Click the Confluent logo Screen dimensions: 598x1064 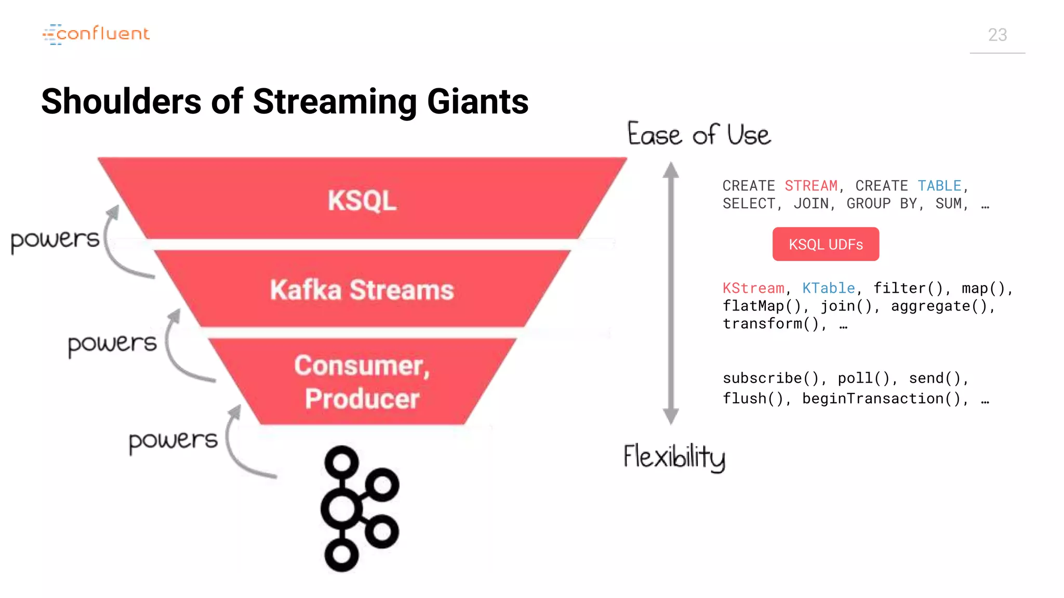coord(96,34)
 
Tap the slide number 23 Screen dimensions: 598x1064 coord(997,35)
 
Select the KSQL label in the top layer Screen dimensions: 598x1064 coord(362,200)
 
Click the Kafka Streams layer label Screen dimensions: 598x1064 coord(362,290)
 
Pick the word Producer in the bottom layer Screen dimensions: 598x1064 coord(362,399)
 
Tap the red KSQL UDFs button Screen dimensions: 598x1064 coord(826,244)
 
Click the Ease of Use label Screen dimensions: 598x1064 coord(699,134)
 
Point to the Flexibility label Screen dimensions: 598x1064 coord(674,457)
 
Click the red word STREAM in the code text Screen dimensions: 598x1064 coord(811,186)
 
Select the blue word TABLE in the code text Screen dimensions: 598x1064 coord(939,186)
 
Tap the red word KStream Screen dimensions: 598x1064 coord(753,288)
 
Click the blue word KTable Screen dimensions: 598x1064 coord(829,288)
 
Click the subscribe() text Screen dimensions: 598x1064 coord(770,378)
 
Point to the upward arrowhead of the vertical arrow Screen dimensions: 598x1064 coord(671,169)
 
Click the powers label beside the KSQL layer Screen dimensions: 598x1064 coord(55,240)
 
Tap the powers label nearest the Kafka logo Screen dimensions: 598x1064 coord(173,441)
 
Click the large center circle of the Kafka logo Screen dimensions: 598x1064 coord(341,509)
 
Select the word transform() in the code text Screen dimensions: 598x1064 coord(770,324)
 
